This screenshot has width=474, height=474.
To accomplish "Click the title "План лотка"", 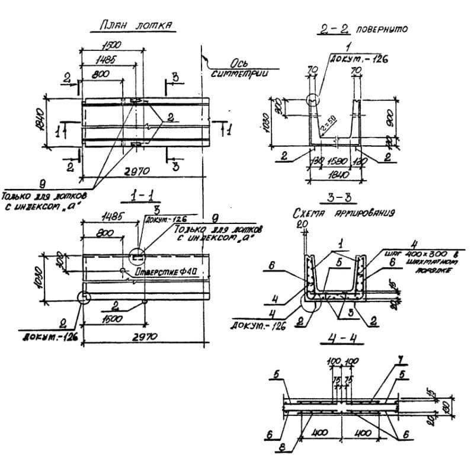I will pos(132,27).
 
